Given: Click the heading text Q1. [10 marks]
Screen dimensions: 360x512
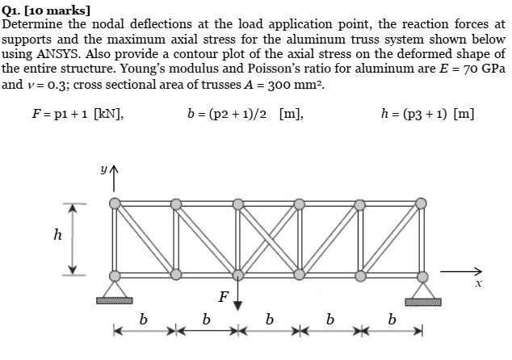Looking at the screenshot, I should (46, 10).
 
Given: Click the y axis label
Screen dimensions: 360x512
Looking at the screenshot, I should (103, 170).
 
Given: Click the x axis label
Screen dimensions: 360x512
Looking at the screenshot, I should (478, 283).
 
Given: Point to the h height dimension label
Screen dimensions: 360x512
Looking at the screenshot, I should (56, 237).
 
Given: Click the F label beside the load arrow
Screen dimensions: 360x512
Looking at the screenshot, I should (223, 296).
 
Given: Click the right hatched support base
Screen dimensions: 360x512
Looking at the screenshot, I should (422, 302).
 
